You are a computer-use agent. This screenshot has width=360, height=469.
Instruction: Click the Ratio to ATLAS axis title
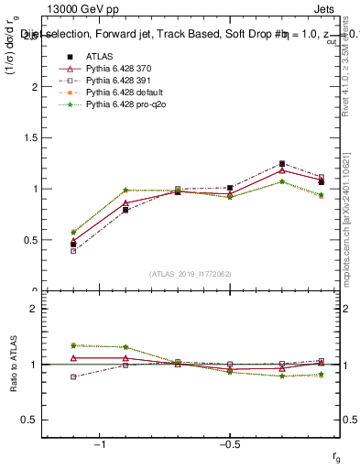coord(13,365)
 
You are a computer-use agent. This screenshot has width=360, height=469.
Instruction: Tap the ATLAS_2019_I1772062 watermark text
coord(191,273)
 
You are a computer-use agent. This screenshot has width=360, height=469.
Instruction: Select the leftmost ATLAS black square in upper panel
coord(73,245)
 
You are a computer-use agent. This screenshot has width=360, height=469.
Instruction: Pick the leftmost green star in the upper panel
coord(73,233)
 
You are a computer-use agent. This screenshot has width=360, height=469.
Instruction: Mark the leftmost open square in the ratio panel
coord(73,376)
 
